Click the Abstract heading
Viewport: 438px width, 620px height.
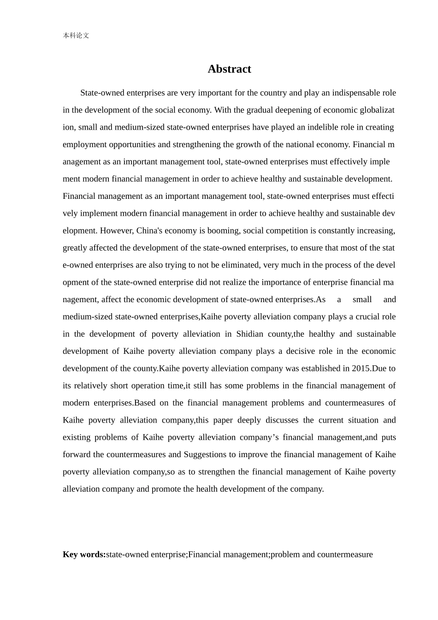[229, 69]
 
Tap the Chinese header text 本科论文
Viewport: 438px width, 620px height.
[76, 36]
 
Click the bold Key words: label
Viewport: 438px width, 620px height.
[84, 554]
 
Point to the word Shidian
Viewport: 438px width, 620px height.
[249, 334]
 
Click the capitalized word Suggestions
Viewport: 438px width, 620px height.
[205, 454]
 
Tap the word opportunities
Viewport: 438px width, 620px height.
[132, 144]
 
